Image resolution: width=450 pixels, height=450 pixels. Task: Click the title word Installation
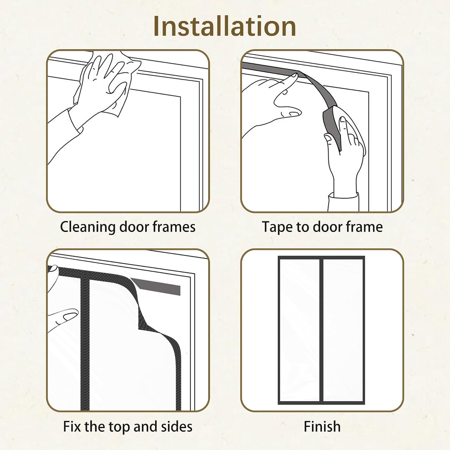point(225,26)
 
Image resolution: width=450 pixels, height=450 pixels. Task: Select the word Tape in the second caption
point(278,227)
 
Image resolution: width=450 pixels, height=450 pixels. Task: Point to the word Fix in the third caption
point(72,426)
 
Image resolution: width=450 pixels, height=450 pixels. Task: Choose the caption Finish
point(322,426)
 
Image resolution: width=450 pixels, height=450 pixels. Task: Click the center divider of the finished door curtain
point(321,330)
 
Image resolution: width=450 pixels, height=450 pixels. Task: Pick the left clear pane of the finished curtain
point(299,330)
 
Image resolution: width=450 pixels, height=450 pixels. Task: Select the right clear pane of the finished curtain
point(343,330)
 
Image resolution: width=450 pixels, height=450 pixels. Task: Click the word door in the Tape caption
point(328,227)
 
